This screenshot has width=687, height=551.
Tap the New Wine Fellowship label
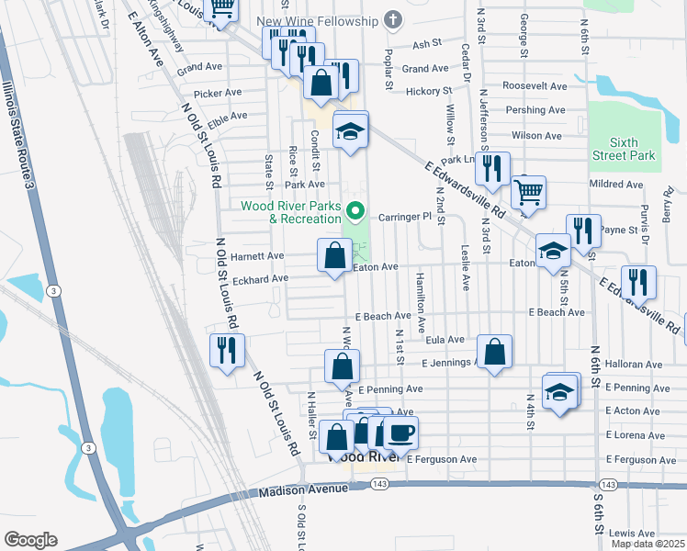click(x=318, y=21)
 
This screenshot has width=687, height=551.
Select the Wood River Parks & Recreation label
click(x=291, y=212)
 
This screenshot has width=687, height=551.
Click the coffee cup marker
click(x=400, y=433)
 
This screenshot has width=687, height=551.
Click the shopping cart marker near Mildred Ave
click(x=527, y=193)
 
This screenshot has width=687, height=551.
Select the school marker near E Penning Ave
click(x=559, y=393)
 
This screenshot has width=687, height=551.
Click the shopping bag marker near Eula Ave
click(x=494, y=353)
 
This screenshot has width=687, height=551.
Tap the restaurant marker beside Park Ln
click(x=493, y=169)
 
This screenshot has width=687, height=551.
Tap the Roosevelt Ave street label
click(x=535, y=85)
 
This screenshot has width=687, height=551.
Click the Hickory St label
click(x=429, y=91)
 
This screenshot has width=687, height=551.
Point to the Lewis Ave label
click(x=632, y=533)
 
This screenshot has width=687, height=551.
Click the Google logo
click(x=31, y=540)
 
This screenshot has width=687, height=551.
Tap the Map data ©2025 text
click(x=648, y=545)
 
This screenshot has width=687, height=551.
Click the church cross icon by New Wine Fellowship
click(x=393, y=20)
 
